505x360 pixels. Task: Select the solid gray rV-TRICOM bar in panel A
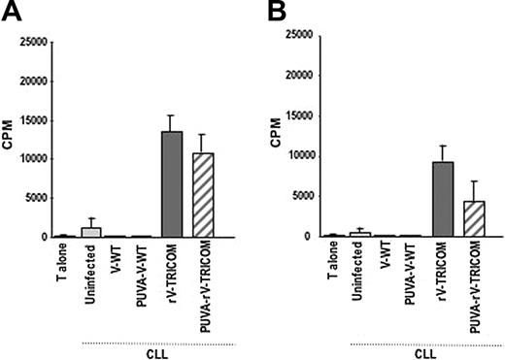(171, 184)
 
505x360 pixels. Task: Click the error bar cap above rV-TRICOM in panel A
(171, 115)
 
